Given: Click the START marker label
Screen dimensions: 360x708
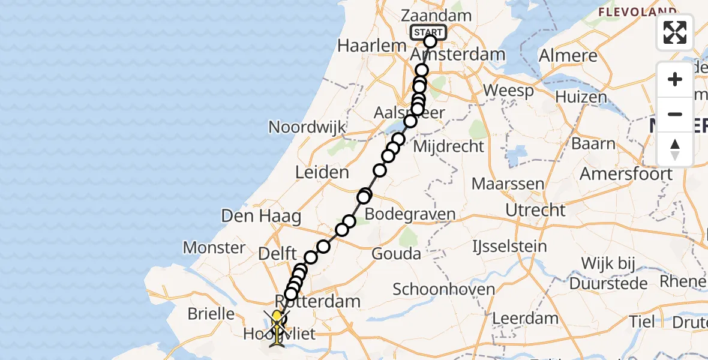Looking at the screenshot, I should [428, 32].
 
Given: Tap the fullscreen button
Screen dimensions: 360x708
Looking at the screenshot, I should [675, 32].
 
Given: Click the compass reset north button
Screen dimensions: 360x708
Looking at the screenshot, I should [675, 149].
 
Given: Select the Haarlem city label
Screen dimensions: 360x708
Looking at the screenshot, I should [364, 46].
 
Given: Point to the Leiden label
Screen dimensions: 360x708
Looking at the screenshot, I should [322, 173].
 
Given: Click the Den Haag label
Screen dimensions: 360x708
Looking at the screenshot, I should [261, 216].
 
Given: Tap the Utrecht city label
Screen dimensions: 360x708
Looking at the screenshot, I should [535, 210].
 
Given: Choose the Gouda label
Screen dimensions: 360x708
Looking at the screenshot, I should [396, 253].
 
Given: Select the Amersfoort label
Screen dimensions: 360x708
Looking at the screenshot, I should [626, 174].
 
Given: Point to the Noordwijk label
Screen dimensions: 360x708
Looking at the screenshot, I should [307, 127].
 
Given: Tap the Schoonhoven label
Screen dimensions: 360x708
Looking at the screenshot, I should [443, 289].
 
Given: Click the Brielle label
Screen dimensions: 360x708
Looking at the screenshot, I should [211, 313].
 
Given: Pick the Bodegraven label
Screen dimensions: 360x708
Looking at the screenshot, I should [410, 214].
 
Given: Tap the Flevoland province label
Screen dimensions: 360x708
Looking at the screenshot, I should [637, 11].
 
